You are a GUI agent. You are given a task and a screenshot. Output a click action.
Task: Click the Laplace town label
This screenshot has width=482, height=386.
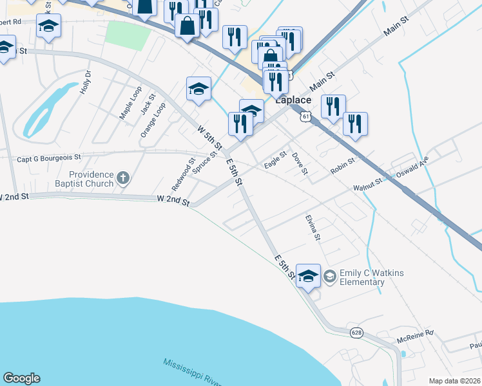coord(293,100)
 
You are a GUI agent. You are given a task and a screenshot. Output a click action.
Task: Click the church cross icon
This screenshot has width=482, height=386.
coord(124,176)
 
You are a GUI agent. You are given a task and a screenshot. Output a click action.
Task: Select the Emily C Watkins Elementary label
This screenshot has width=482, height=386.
coord(372,277)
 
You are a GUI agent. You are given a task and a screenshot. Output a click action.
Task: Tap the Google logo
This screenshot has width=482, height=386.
coord(21,378)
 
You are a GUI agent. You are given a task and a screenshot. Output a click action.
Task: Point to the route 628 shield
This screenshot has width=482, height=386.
coord(356,333)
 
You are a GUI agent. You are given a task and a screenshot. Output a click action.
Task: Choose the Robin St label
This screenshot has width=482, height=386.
coord(342,166)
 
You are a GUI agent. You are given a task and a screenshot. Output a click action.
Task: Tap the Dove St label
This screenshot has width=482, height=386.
coord(300,163)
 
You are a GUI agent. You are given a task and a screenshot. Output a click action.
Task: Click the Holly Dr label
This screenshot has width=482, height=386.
coord(86,83)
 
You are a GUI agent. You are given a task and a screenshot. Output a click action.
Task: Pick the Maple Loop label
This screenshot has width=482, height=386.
coord(130,103)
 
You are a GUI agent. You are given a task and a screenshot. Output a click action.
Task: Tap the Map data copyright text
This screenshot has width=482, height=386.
coord(454,381)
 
